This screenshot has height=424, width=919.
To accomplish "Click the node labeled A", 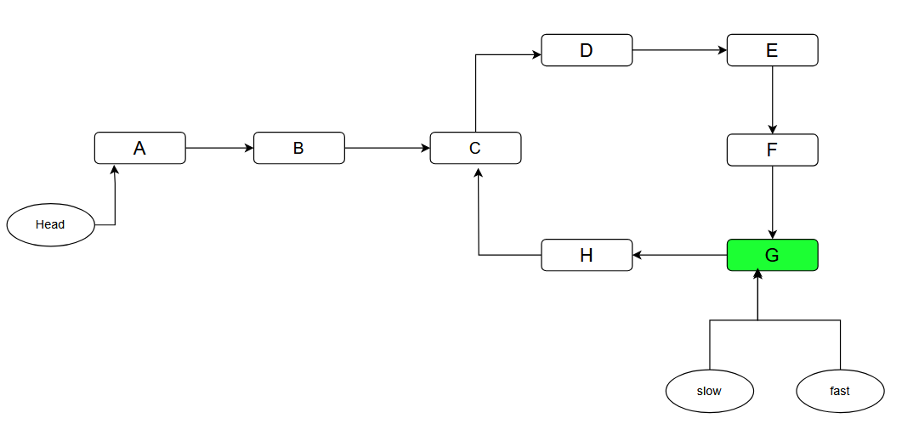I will pos(139,148).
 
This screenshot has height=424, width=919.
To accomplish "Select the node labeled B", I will pos(298,148).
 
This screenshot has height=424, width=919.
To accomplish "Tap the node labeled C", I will pos(475,148).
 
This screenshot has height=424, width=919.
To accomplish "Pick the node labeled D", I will pos(587,50).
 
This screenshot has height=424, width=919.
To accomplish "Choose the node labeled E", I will pos(772,50).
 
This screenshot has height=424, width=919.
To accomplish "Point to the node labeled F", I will pos(772,150).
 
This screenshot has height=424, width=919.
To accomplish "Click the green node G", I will pos(772,255).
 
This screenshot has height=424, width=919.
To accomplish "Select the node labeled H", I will pos(587,255).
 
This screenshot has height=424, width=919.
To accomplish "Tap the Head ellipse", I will pos(51,225).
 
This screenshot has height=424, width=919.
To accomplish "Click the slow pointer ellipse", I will pos(709,392).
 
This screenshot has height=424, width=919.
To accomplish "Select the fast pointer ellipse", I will pos(840,392).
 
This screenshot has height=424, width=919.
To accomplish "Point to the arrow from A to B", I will pos(219,148).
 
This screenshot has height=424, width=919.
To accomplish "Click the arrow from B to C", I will pos(387,148).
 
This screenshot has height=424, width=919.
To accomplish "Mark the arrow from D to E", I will pos(679,50).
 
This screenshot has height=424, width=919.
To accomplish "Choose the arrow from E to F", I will pos(772,99).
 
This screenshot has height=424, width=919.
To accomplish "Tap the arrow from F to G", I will pos(772,202).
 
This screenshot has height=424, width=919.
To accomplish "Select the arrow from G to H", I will pos(680,255).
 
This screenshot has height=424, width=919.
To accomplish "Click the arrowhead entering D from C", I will pos(536,55).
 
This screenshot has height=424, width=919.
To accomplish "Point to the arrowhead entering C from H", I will pos(479,170).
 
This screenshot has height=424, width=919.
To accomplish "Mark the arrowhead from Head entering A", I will pos(114,170).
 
